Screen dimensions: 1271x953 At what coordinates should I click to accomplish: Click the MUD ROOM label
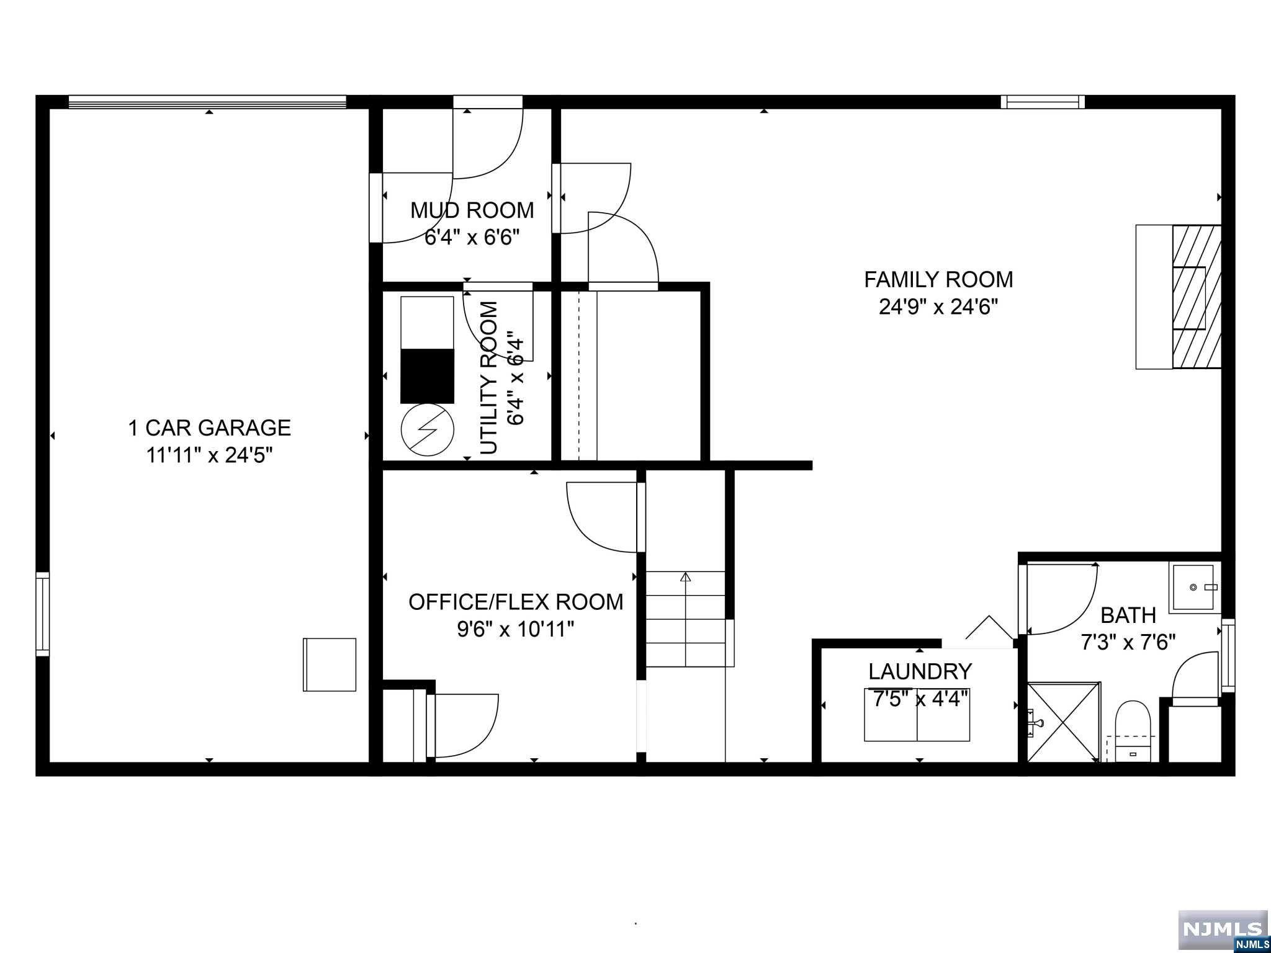472,210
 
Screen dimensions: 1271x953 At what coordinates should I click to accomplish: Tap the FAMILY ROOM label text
938,279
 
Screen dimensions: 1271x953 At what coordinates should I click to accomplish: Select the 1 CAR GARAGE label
209,427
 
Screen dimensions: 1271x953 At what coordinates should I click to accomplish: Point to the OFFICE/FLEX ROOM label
516,602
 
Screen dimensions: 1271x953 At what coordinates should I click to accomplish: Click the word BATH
1128,615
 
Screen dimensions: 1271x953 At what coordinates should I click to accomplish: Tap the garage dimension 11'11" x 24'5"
209,455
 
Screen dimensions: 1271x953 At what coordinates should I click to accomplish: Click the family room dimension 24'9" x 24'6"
938,306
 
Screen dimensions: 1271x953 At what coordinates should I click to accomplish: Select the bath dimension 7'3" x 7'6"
1128,642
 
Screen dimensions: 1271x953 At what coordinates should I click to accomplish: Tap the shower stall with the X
1064,722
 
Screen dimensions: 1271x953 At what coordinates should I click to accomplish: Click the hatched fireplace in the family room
1197,297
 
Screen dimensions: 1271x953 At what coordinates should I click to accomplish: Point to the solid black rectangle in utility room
427,376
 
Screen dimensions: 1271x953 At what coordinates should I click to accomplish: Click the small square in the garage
330,664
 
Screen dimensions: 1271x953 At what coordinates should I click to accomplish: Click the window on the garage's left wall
42,614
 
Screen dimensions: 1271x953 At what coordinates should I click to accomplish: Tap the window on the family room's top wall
1043,102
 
